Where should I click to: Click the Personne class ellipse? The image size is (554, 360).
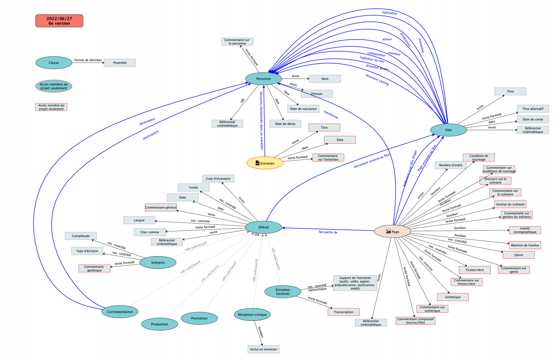(263, 79)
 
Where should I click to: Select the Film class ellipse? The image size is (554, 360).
(448, 130)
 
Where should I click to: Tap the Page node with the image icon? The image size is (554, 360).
(392, 232)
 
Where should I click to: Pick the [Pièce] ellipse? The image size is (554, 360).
(263, 227)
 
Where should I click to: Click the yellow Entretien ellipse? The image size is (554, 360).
(265, 163)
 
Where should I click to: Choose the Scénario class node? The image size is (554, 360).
(158, 262)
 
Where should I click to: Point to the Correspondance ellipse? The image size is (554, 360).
(120, 312)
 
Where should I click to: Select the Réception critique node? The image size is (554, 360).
(252, 315)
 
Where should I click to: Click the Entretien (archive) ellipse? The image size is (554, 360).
(283, 292)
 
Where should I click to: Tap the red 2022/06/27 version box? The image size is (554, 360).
(59, 21)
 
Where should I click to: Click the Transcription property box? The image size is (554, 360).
(343, 312)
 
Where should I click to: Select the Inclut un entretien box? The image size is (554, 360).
(263, 349)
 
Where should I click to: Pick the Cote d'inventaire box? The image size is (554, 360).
(218, 179)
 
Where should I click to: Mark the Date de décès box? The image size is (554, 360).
(285, 124)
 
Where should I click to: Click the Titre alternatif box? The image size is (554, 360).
(533, 109)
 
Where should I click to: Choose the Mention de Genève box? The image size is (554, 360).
(525, 245)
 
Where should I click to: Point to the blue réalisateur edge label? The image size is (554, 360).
(390, 13)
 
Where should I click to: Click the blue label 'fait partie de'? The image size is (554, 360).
(328, 232)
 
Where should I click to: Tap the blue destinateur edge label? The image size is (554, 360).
(147, 121)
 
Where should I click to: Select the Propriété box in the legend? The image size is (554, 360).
(120, 63)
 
